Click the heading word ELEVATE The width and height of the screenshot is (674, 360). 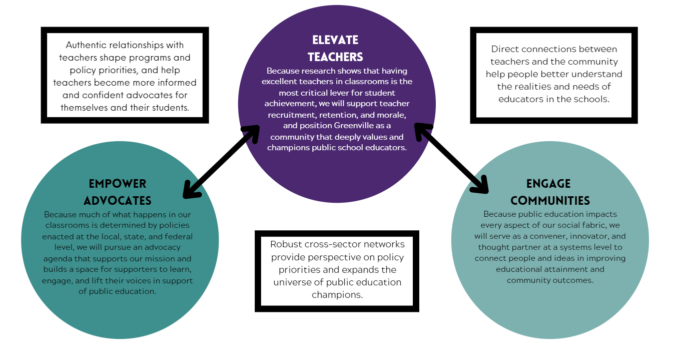(335, 40)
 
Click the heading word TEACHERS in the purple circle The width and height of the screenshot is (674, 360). (335, 57)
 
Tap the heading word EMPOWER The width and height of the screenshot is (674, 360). (118, 184)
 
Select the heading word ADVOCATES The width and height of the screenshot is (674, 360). (118, 201)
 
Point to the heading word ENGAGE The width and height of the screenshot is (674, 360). (548, 184)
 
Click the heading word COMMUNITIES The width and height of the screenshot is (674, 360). (550, 201)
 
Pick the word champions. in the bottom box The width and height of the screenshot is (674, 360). (337, 295)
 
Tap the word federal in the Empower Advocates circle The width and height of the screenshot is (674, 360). (179, 237)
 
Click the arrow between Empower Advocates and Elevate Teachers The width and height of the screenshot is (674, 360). (222, 162)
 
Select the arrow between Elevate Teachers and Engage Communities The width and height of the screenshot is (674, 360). (451, 158)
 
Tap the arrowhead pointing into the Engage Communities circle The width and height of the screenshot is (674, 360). (480, 185)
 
